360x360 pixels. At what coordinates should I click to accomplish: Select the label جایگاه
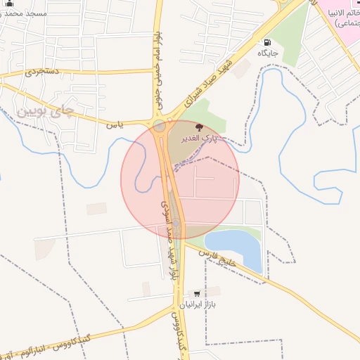pyautogui.click(x=268, y=53)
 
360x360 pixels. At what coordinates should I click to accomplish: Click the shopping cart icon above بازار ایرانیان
pyautogui.click(x=196, y=293)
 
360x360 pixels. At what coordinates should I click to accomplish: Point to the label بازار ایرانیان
pyautogui.click(x=199, y=305)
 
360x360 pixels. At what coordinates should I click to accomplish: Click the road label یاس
pyautogui.click(x=115, y=125)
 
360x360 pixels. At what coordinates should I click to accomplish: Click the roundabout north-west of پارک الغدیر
pyautogui.click(x=160, y=127)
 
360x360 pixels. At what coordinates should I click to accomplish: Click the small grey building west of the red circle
pyautogui.click(x=96, y=209)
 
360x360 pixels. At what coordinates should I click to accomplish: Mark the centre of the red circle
pyautogui.click(x=180, y=179)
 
